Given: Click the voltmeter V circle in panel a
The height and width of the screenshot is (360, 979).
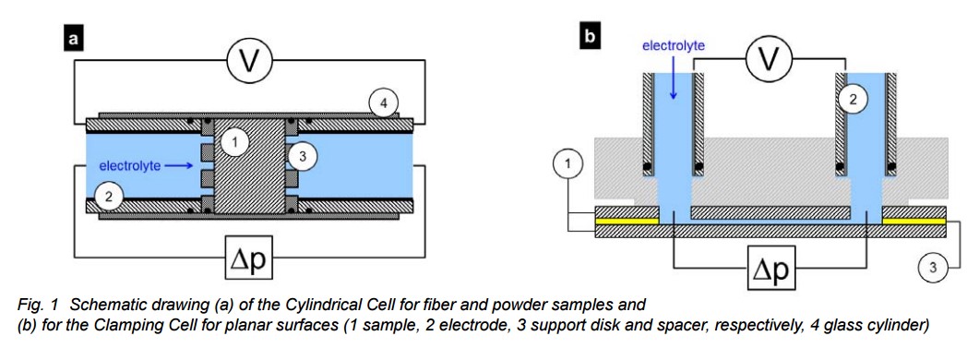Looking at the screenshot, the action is pyautogui.click(x=249, y=61).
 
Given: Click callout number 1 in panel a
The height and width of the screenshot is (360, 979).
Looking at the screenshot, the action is pyautogui.click(x=234, y=143).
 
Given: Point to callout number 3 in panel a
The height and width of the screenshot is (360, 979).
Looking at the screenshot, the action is pyautogui.click(x=303, y=156).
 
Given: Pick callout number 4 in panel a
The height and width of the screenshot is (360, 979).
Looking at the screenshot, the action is pyautogui.click(x=383, y=103).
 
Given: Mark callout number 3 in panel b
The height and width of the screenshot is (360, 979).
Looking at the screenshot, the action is pyautogui.click(x=933, y=268).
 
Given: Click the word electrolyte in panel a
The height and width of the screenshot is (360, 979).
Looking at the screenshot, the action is pyautogui.click(x=130, y=165).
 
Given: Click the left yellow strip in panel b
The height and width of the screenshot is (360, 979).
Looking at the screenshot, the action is pyautogui.click(x=627, y=222).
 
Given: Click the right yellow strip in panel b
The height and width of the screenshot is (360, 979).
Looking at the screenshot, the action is pyautogui.click(x=914, y=222).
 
